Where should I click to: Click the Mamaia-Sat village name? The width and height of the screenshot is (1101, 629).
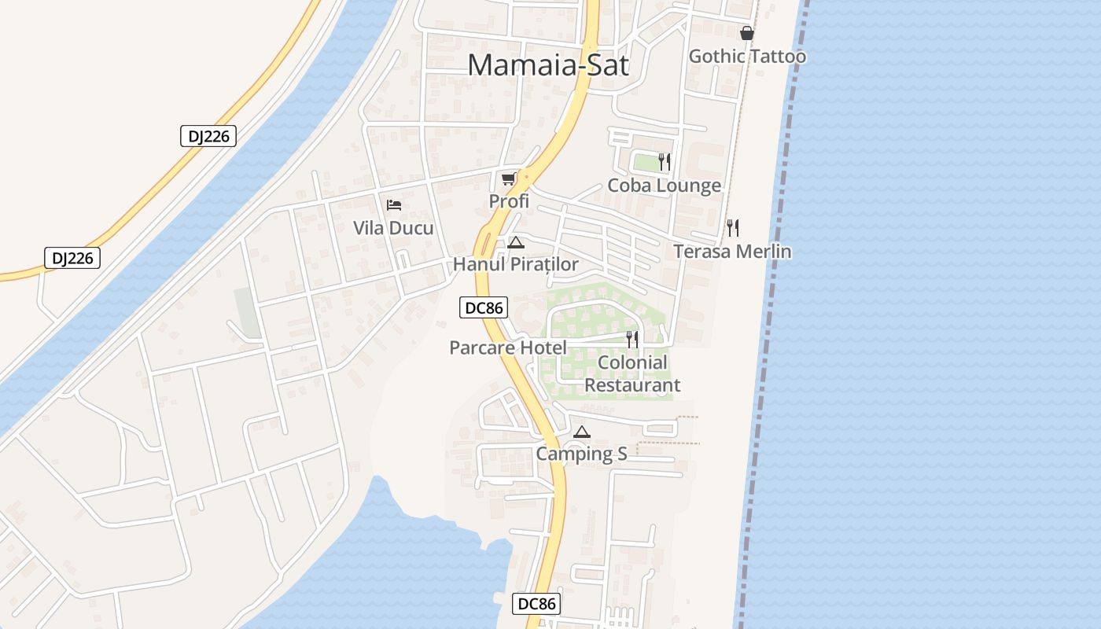(548, 64)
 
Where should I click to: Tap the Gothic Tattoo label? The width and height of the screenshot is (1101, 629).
(747, 57)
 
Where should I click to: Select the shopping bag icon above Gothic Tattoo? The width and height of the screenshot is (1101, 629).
(746, 33)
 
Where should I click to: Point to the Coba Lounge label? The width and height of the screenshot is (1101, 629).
(664, 186)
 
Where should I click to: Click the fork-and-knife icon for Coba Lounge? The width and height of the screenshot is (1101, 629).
(665, 162)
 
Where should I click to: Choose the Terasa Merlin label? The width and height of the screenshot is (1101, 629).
(732, 252)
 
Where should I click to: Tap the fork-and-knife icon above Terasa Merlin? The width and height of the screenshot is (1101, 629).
(733, 228)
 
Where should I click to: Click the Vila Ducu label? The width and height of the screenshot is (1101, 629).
(393, 229)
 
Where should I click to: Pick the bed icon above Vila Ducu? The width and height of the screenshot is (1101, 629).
(394, 205)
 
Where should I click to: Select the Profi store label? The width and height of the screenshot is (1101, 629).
(509, 201)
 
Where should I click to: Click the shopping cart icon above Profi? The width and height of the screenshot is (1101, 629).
(509, 178)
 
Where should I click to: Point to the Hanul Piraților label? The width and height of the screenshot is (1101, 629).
(515, 265)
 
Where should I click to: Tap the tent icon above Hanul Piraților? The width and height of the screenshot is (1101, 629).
(515, 242)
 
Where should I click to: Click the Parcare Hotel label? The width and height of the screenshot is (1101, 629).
(507, 348)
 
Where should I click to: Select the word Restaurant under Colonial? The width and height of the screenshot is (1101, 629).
(632, 385)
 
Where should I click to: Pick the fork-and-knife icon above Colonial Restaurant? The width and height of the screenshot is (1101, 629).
(632, 339)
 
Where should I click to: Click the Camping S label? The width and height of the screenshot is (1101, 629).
(581, 454)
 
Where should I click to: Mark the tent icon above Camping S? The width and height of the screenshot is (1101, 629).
(581, 432)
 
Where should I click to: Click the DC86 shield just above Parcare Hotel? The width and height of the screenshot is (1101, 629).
(484, 308)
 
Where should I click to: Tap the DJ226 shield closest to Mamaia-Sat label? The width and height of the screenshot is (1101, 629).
(208, 136)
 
